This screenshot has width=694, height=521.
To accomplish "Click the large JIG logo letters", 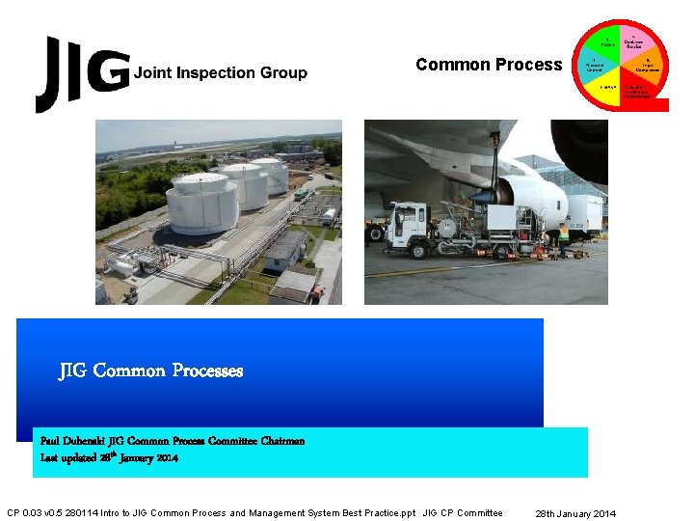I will click(x=81, y=73).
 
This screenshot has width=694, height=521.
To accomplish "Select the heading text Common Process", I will click(x=489, y=65).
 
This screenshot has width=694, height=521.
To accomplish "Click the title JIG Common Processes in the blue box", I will click(x=151, y=370).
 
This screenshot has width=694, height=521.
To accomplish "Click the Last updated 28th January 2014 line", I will click(x=109, y=458).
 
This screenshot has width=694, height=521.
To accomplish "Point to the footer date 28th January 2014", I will click(x=576, y=513).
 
